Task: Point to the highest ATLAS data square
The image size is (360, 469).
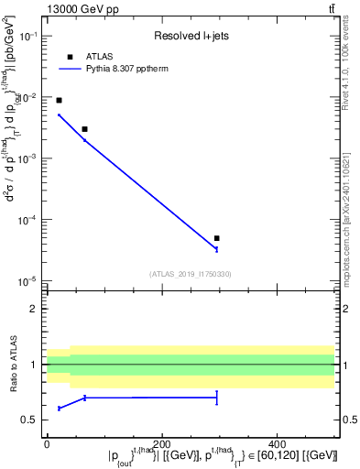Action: coord(59,100)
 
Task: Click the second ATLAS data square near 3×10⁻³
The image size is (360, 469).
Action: coord(84,129)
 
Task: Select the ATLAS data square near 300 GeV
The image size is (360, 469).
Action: coord(216,238)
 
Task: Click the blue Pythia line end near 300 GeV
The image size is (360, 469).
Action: coord(216,248)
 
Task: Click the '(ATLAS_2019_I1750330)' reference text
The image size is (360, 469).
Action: coord(190,273)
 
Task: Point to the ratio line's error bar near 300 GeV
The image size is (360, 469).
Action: coord(216,398)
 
